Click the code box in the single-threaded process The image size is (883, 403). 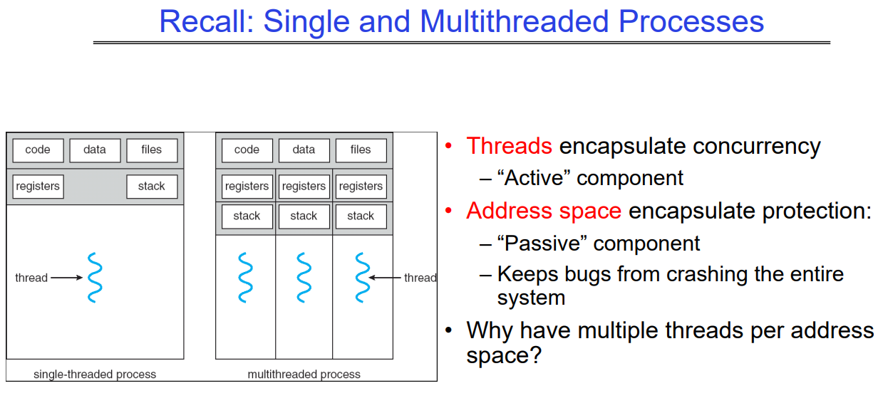[38, 150]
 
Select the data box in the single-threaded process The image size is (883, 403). [95, 150]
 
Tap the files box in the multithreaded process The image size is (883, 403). [361, 150]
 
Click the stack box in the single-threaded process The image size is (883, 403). [152, 187]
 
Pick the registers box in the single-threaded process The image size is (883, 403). [38, 187]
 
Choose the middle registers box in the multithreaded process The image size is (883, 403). [304, 187]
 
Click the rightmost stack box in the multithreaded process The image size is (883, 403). [361, 216]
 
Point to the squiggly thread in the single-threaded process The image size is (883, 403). [95, 278]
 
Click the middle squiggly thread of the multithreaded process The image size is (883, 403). [304, 278]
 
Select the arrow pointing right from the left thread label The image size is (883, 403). [66, 278]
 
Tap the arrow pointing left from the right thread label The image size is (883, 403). [385, 278]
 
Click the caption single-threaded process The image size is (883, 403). [95, 375]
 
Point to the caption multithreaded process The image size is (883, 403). [304, 375]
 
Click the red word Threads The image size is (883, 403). [509, 146]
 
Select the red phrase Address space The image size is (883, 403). [544, 211]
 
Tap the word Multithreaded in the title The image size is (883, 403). [515, 21]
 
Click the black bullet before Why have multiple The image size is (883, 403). [448, 330]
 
